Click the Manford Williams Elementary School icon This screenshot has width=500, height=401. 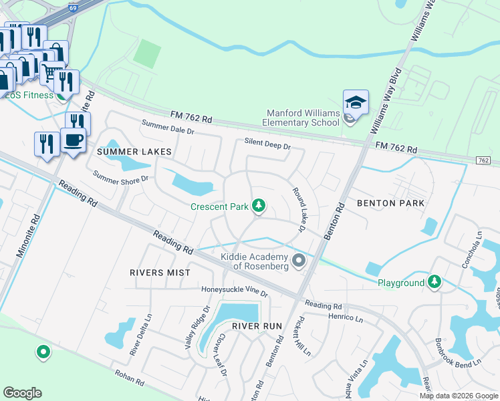tap(356, 103)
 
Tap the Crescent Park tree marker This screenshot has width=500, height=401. tap(259, 207)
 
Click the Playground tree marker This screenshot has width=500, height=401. tap(435, 283)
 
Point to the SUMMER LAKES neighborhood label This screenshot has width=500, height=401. tap(134, 152)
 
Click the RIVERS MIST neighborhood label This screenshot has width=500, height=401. tap(160, 273)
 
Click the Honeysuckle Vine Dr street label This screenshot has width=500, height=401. tap(235, 292)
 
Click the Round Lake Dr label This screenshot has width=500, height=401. tap(297, 211)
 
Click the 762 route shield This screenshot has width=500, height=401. tap(483, 160)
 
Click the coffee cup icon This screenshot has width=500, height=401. tap(73, 140)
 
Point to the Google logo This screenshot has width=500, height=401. tap(22, 393)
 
